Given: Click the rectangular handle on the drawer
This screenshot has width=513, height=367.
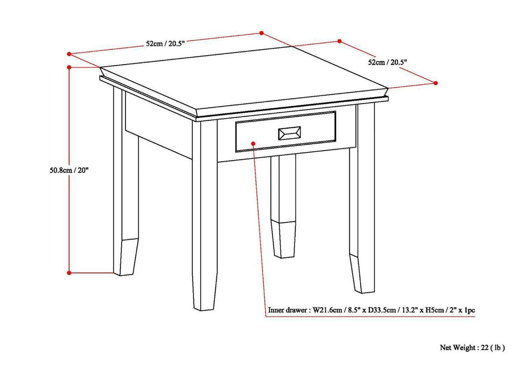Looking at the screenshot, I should (x=289, y=133).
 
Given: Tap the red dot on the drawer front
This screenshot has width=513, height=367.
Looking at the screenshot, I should (x=253, y=143).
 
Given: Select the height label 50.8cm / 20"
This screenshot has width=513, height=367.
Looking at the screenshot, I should (x=66, y=170).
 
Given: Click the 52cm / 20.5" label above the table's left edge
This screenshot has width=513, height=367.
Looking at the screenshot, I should (x=165, y=44).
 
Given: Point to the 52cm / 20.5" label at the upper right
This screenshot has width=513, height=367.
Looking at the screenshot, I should (x=387, y=63).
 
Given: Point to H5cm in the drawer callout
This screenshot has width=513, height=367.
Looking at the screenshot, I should (x=432, y=310).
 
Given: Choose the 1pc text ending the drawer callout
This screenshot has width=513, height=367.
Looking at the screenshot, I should (x=469, y=310).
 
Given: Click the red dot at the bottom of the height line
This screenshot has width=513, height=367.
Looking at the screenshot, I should (x=69, y=272).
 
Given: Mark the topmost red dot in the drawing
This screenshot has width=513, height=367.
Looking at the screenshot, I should (x=261, y=33).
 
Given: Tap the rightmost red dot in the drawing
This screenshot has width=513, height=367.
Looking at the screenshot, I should (x=436, y=83).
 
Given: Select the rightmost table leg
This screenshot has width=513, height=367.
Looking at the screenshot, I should (x=362, y=210).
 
